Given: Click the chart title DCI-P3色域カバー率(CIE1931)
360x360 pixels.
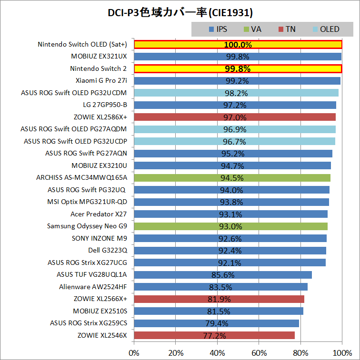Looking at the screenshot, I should click(180, 11).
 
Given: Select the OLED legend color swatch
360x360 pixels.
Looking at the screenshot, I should click(315, 29).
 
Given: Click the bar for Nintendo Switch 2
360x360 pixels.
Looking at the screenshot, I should click(238, 68).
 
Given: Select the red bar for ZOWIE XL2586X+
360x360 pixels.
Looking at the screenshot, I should click(235, 117).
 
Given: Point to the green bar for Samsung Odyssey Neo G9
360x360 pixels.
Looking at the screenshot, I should click(231, 226).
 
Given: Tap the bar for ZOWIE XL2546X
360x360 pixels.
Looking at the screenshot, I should click(214, 335).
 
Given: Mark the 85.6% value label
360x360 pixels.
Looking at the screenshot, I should click(223, 275).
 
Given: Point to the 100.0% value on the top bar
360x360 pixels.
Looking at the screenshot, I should click(238, 45).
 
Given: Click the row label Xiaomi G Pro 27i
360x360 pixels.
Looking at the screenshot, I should click(101, 80).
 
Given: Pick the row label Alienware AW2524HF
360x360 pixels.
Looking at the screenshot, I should click(93, 287).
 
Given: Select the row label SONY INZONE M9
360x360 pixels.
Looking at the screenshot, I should click(100, 238).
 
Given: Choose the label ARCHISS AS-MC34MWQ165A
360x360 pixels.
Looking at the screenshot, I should click(82, 178).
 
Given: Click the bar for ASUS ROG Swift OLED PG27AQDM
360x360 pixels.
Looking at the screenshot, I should click(235, 129).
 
